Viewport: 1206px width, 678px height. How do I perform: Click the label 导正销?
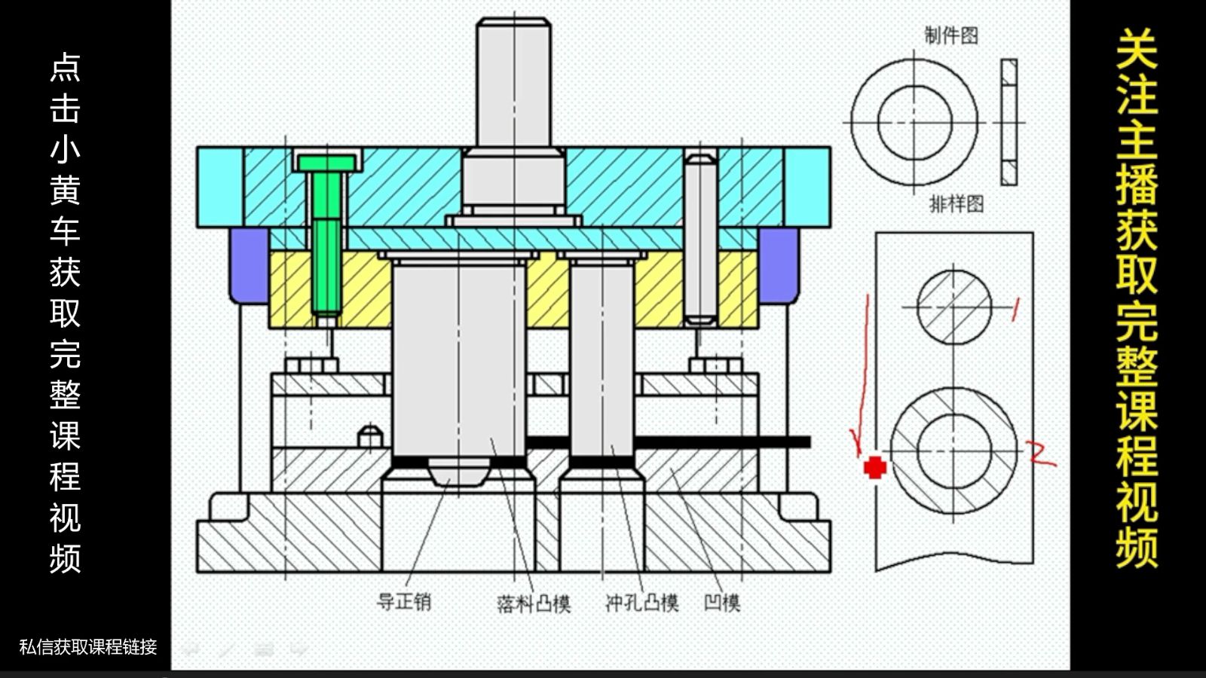click(x=404, y=602)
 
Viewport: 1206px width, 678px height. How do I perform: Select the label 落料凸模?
click(x=534, y=603)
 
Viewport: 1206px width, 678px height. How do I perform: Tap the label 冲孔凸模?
click(x=642, y=603)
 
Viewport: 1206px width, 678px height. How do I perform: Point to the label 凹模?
click(x=722, y=603)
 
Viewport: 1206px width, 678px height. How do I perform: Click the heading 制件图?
click(x=951, y=35)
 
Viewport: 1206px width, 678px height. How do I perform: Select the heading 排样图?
click(x=956, y=203)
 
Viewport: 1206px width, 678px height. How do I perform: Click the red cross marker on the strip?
click(x=874, y=468)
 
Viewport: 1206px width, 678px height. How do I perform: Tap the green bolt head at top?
click(x=326, y=163)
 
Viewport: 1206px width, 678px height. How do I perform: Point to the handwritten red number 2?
click(x=1041, y=454)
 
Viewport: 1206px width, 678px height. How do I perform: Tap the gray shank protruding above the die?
click(x=513, y=83)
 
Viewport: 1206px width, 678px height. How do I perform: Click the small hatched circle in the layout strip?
click(x=953, y=307)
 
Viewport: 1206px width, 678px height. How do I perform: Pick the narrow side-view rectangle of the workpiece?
click(x=1009, y=122)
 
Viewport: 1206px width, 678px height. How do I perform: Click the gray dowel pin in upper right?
click(x=700, y=237)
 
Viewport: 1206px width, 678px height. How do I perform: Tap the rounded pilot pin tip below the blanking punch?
click(x=458, y=472)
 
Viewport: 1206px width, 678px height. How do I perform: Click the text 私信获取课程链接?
click(x=88, y=646)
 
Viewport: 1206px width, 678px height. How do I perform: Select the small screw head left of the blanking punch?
click(x=370, y=437)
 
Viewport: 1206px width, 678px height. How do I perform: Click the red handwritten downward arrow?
click(x=862, y=377)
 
